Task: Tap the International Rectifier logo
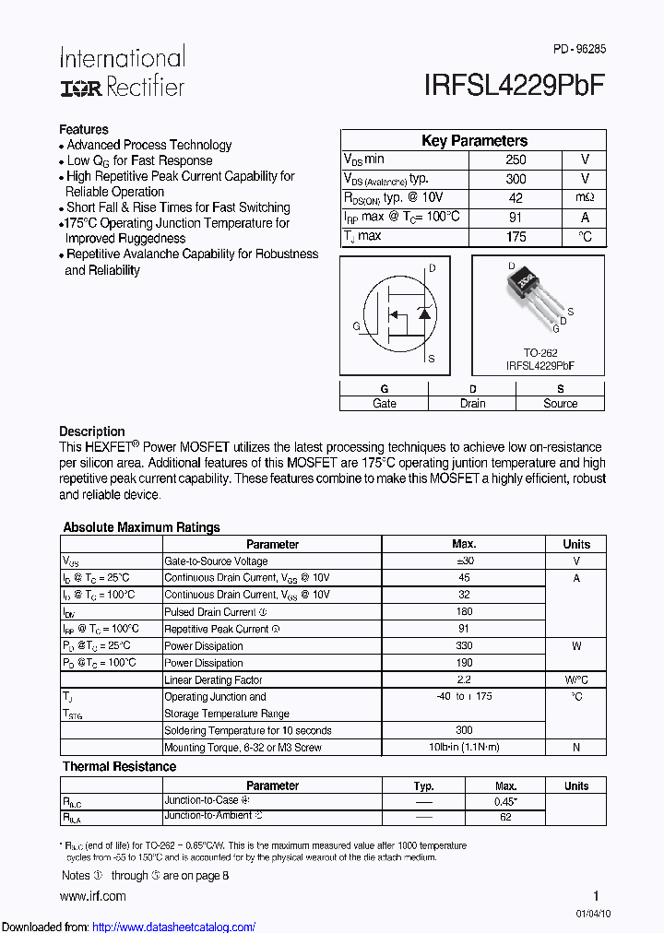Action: [122, 72]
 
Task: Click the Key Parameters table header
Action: [474, 141]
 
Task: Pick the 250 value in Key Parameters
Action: [516, 159]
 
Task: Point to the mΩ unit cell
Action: [585, 198]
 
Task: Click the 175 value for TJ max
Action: [516, 237]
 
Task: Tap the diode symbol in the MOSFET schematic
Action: [424, 313]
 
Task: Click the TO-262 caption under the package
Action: [539, 352]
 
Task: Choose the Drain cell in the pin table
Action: [472, 404]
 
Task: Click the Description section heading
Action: [92, 431]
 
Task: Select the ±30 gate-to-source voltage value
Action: [464, 561]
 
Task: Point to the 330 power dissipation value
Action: [464, 646]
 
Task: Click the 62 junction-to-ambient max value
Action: [505, 817]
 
